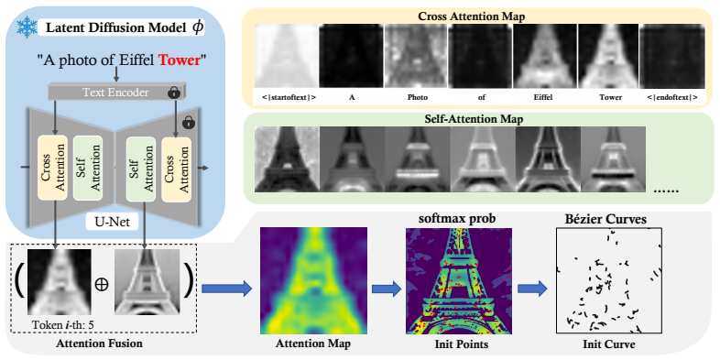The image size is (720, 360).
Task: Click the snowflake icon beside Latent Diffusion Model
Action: tap(27, 27)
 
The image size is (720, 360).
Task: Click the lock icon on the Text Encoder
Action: tap(173, 93)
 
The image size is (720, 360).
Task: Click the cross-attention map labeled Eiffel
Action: tap(544, 56)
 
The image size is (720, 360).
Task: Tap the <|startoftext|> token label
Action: tap(286, 97)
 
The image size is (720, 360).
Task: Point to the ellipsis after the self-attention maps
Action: tap(664, 190)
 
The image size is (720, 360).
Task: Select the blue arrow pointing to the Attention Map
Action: tap(227, 289)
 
